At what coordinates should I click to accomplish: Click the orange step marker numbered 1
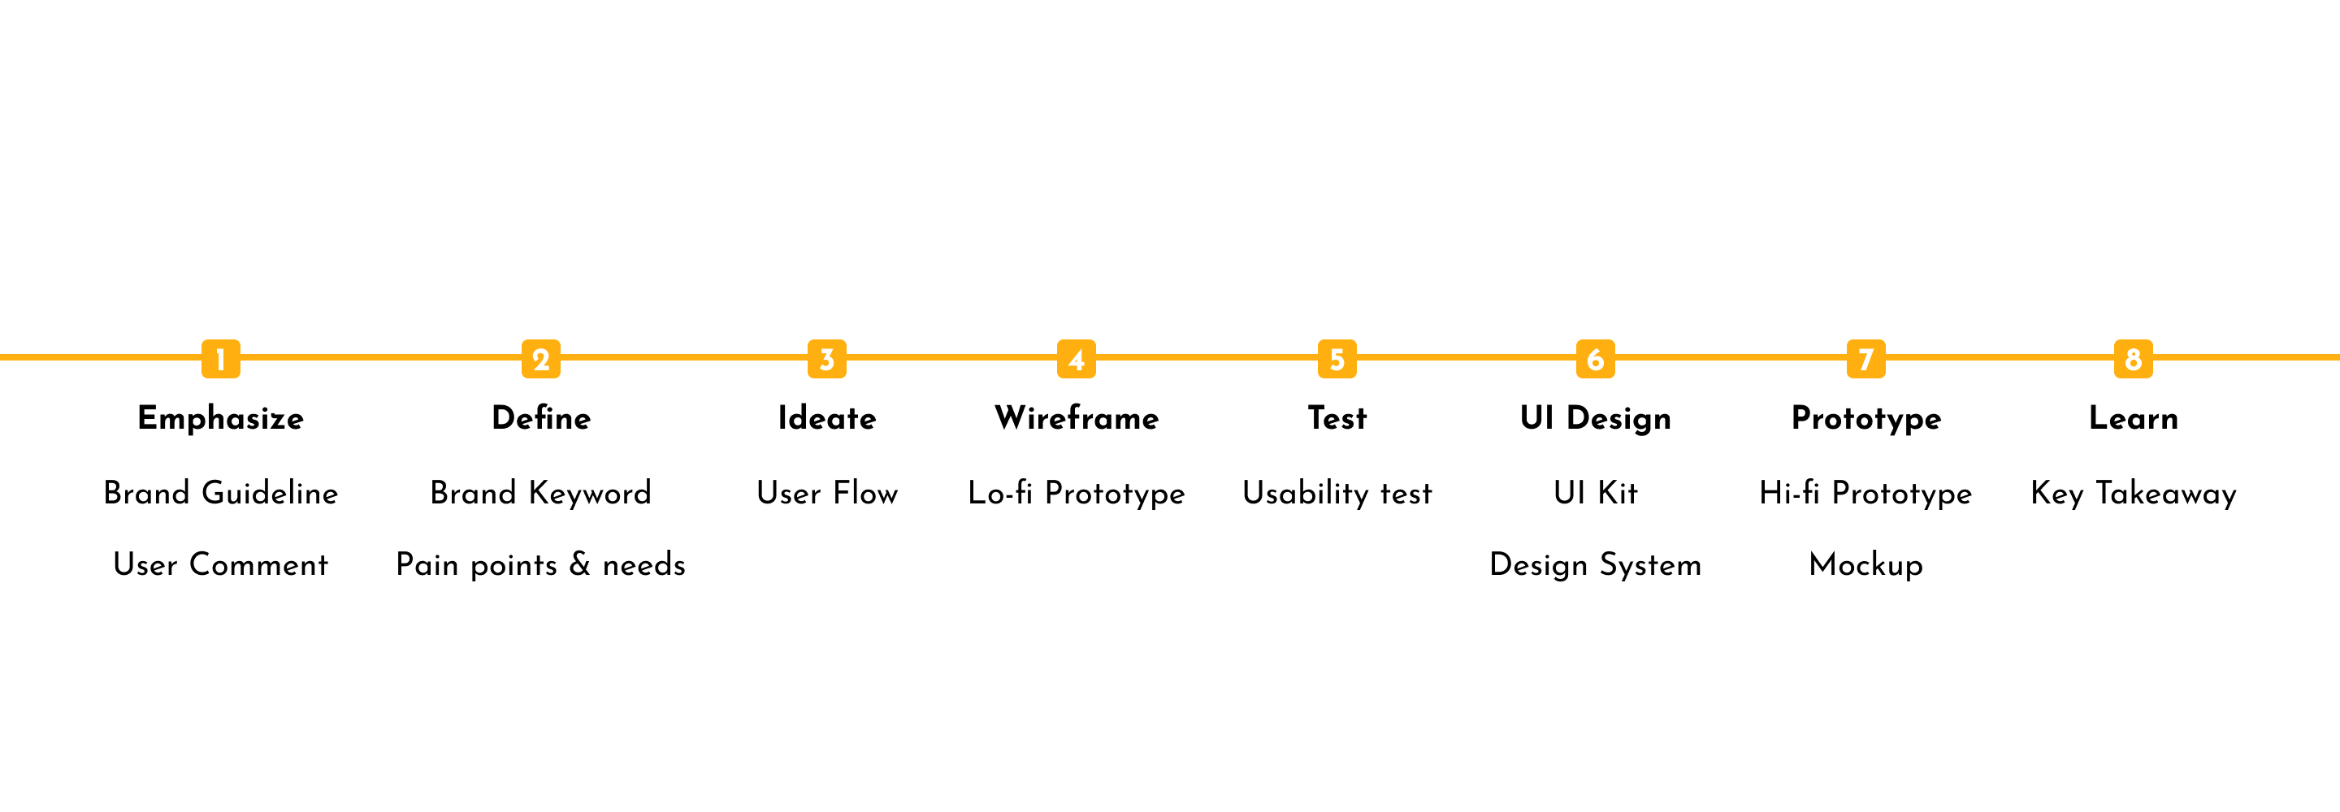pyautogui.click(x=221, y=359)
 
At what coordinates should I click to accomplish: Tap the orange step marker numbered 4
pyautogui.click(x=1077, y=359)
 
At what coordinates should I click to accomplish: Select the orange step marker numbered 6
pyautogui.click(x=1595, y=359)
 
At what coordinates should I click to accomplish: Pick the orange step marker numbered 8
pyautogui.click(x=2133, y=359)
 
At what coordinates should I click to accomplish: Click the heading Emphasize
pyautogui.click(x=221, y=419)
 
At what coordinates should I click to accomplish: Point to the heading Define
pyautogui.click(x=541, y=418)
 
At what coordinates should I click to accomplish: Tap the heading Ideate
pyautogui.click(x=826, y=418)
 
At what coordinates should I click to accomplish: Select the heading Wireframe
pyautogui.click(x=1077, y=418)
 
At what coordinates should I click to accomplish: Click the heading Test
pyautogui.click(x=1337, y=418)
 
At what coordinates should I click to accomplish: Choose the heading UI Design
pyautogui.click(x=1595, y=419)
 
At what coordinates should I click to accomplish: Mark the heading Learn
pyautogui.click(x=2133, y=418)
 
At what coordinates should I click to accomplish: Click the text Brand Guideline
pyautogui.click(x=221, y=493)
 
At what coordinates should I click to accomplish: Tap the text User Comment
pyautogui.click(x=221, y=565)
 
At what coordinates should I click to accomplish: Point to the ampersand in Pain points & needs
pyautogui.click(x=579, y=565)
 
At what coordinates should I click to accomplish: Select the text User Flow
pyautogui.click(x=826, y=493)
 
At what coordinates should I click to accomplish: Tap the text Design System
pyautogui.click(x=1595, y=566)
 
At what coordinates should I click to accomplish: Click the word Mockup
pyautogui.click(x=1865, y=566)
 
